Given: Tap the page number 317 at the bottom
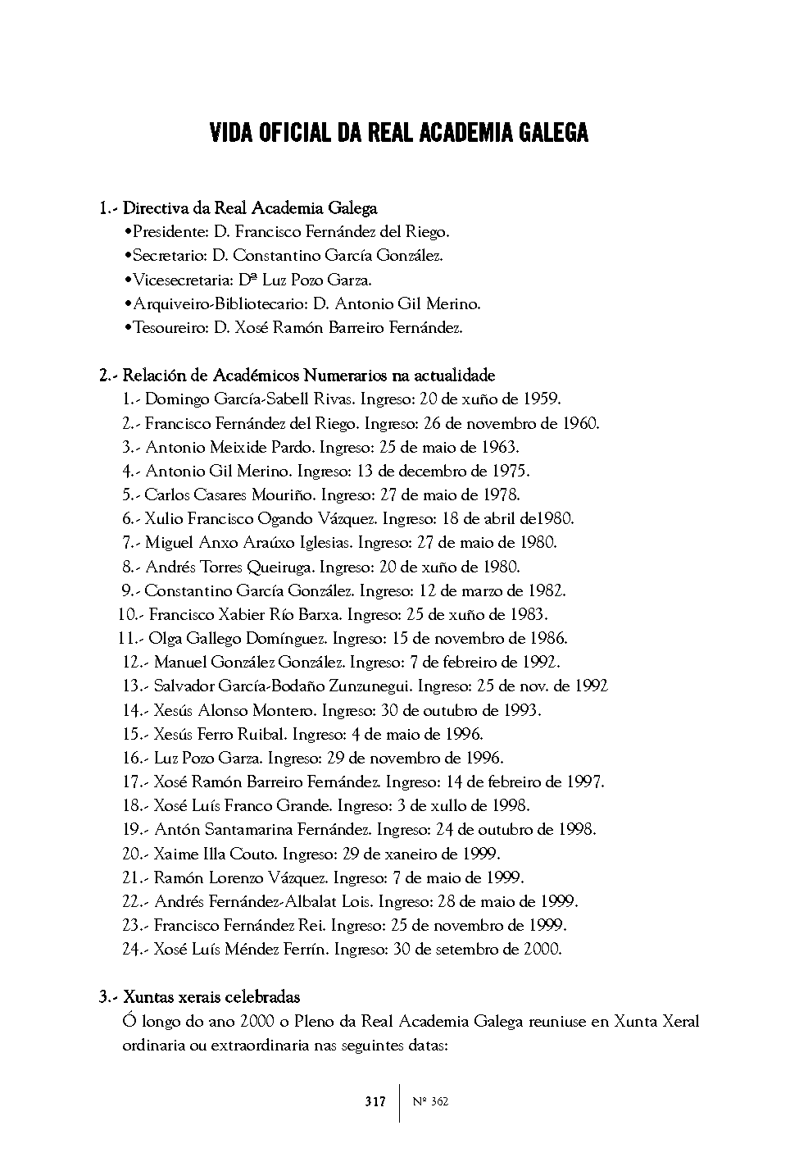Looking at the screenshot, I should [375, 1102].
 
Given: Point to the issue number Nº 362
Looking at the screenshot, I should [431, 1102].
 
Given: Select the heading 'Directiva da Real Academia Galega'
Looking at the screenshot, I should [250, 208].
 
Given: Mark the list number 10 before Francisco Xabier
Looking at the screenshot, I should [127, 614].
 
